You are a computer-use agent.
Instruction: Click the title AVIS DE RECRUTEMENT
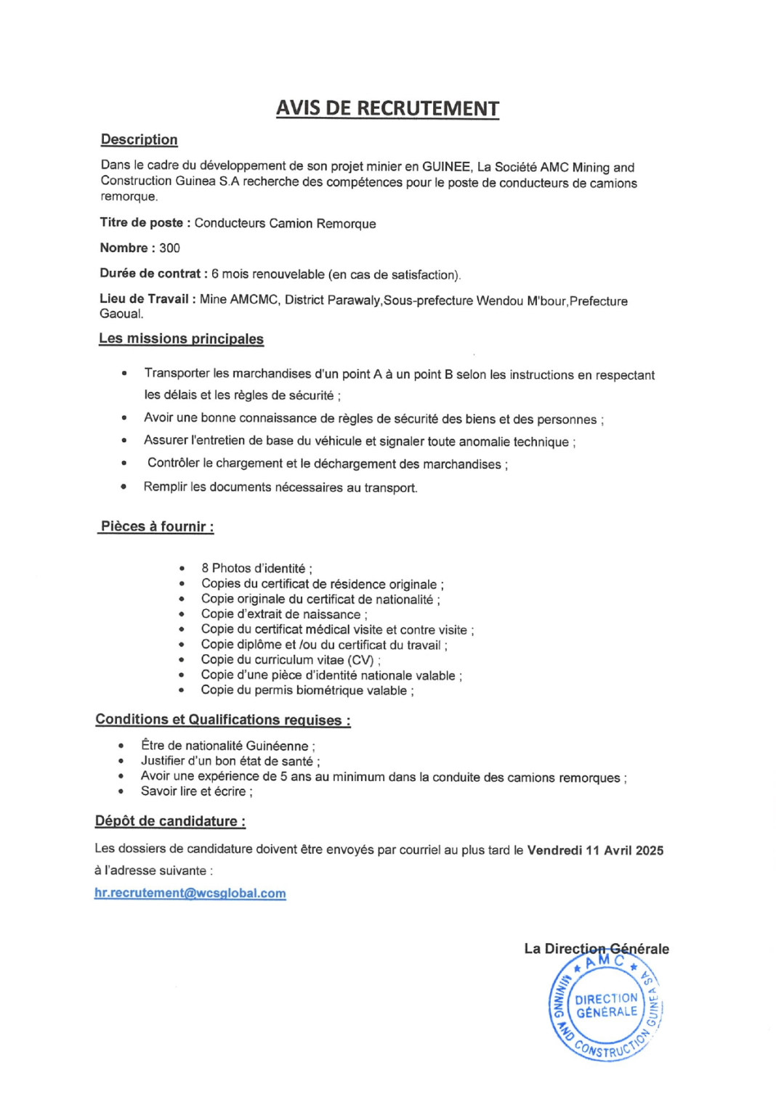point(387,108)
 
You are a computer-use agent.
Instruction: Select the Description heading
point(139,139)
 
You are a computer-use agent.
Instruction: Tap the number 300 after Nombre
point(169,248)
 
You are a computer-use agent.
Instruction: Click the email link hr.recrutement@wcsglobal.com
point(190,893)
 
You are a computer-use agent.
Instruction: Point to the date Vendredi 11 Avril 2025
point(595,850)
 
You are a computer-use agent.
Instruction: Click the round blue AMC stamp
point(605,1006)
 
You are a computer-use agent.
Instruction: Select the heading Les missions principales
point(181,338)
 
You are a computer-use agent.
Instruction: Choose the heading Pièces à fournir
point(157,526)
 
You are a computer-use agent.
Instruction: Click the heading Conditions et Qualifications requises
point(222,719)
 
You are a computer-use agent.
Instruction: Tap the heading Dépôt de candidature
point(170,821)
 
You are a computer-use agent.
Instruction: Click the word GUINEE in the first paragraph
point(446,167)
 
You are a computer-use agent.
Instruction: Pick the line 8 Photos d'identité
point(256,568)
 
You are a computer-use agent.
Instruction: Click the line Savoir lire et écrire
point(196,791)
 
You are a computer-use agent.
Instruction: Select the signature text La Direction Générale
point(597,948)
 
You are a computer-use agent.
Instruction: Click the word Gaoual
point(121,314)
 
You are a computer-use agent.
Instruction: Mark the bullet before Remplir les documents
point(124,486)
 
